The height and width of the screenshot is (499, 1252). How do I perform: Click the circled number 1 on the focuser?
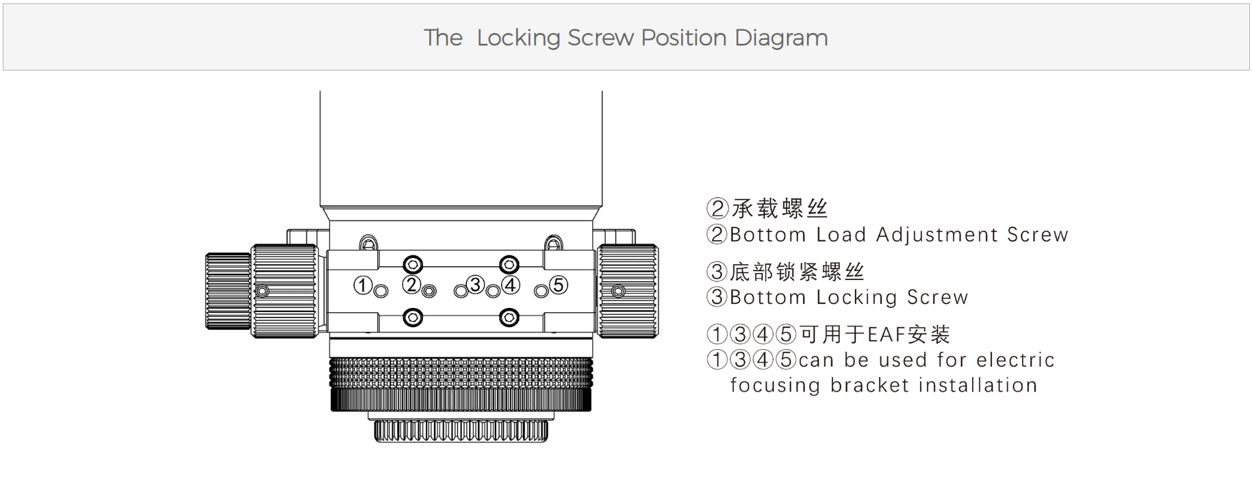click(x=362, y=285)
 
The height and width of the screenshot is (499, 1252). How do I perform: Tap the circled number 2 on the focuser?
click(x=411, y=284)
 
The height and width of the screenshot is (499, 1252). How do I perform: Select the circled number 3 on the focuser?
click(x=475, y=284)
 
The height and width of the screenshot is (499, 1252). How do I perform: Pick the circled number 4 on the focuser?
click(x=511, y=284)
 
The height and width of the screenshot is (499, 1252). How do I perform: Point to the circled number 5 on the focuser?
click(x=559, y=284)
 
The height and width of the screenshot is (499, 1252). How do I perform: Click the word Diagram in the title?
click(x=781, y=38)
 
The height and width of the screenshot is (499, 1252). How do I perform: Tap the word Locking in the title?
click(x=518, y=38)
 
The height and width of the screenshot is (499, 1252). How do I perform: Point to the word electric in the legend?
click(x=1015, y=360)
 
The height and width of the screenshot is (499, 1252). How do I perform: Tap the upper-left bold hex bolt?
click(x=413, y=264)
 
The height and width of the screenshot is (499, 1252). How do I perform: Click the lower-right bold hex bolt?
click(x=509, y=318)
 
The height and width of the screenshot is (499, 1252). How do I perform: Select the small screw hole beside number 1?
click(x=381, y=292)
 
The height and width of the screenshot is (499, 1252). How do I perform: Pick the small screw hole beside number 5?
click(x=541, y=292)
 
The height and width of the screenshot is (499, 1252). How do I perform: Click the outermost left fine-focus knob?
click(x=228, y=291)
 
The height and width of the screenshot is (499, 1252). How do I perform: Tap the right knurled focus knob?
click(x=628, y=291)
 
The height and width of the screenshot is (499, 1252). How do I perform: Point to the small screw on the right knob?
click(x=618, y=292)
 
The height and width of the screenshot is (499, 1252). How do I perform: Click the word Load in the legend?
click(x=841, y=235)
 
